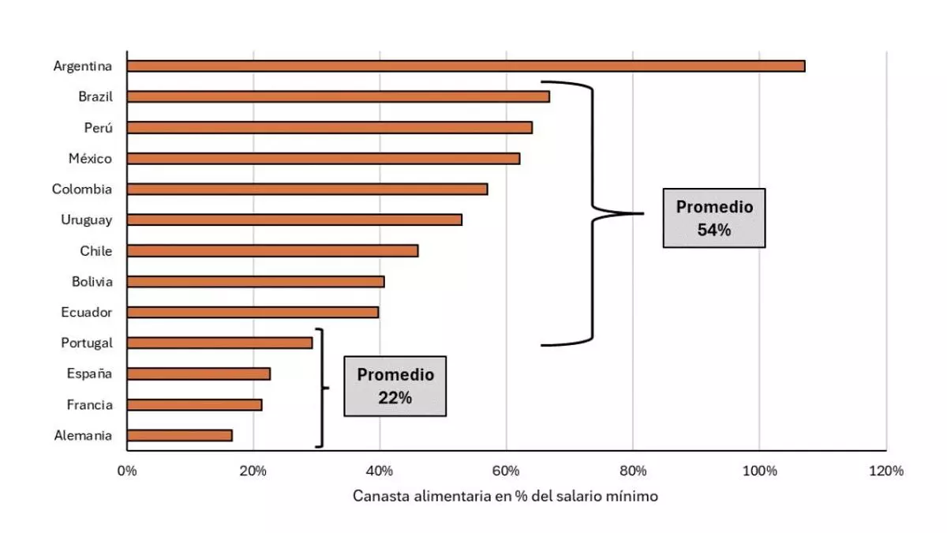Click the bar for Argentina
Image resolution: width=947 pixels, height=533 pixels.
pyautogui.click(x=466, y=66)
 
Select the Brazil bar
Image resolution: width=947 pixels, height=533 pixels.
pyautogui.click(x=338, y=97)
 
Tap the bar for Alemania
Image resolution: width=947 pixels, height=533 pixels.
pyautogui.click(x=179, y=435)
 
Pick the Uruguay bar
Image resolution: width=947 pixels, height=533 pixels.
pyautogui.click(x=294, y=220)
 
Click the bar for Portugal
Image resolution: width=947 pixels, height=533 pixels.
pyautogui.click(x=219, y=343)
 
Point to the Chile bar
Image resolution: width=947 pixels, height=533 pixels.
pyautogui.click(x=272, y=251)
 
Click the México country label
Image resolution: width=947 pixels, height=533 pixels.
pyautogui.click(x=90, y=159)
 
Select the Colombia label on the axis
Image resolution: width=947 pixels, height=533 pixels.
pyautogui.click(x=82, y=190)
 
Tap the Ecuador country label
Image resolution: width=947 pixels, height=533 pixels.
pyautogui.click(x=87, y=313)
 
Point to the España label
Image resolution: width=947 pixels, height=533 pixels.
pyautogui.click(x=89, y=374)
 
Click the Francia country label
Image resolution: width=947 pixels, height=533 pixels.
pyautogui.click(x=89, y=405)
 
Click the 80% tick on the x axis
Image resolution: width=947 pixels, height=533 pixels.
pyautogui.click(x=633, y=471)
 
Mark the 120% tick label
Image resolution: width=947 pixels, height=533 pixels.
pyautogui.click(x=886, y=471)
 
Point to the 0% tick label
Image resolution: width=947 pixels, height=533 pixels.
pyautogui.click(x=126, y=471)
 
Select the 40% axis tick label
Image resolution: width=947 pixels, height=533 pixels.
pyautogui.click(x=380, y=471)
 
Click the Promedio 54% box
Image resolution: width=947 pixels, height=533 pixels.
pyautogui.click(x=714, y=218)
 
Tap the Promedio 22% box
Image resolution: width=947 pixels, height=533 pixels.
pyautogui.click(x=395, y=385)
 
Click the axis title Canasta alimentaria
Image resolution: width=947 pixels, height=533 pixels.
pyautogui.click(x=505, y=497)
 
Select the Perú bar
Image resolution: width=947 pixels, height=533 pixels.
pyautogui.click(x=329, y=128)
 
